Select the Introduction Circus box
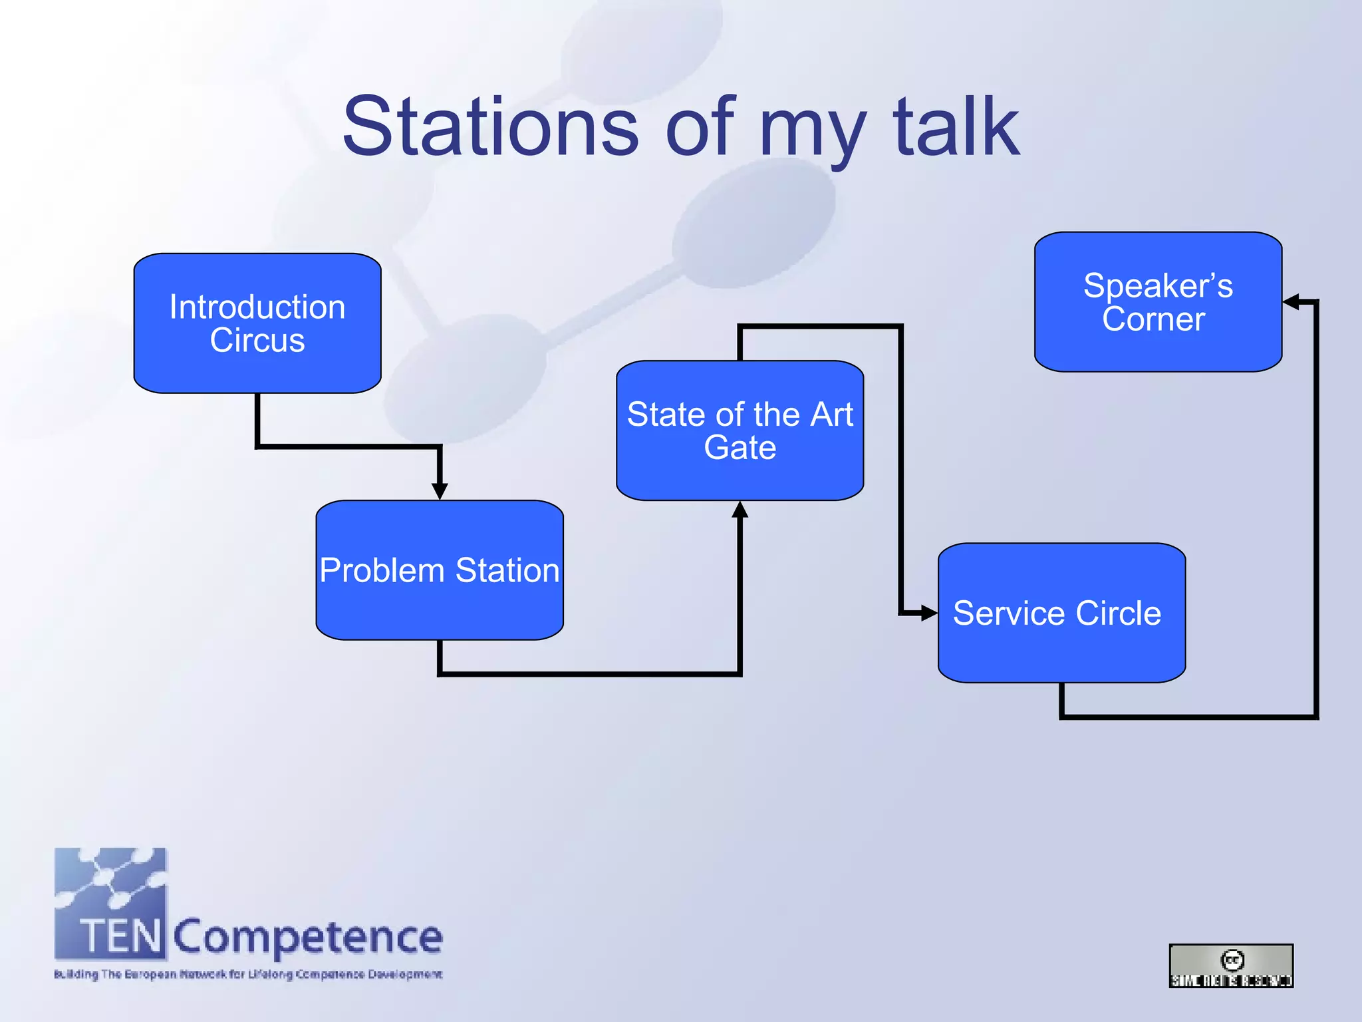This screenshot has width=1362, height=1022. pos(257,323)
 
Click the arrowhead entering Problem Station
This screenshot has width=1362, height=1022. pos(440,491)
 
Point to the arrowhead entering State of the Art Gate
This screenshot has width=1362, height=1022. pos(740,510)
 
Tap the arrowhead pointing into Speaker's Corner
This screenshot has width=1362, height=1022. pos(1292,302)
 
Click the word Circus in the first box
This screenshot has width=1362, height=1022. pos(257,340)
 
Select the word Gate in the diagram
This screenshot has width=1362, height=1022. pos(740,447)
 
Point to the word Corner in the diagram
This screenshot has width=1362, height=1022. pos(1153,319)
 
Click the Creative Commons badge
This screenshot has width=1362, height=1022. pos(1231,965)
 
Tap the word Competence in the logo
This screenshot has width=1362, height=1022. pos(308,937)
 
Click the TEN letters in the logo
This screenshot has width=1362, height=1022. pos(120,936)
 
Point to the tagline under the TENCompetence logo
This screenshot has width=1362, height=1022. pos(248,975)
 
